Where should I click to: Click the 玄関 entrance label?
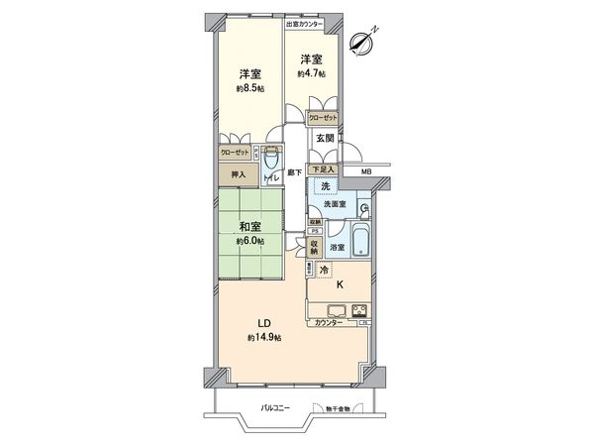pyautogui.click(x=325, y=138)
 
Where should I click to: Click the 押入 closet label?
pyautogui.click(x=238, y=174)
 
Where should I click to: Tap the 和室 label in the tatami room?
pyautogui.click(x=248, y=225)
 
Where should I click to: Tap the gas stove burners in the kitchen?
pyautogui.click(x=358, y=308)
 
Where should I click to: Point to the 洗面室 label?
pyautogui.click(x=334, y=204)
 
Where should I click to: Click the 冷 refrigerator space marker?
pyautogui.click(x=323, y=271)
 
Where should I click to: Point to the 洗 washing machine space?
pyautogui.click(x=324, y=186)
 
